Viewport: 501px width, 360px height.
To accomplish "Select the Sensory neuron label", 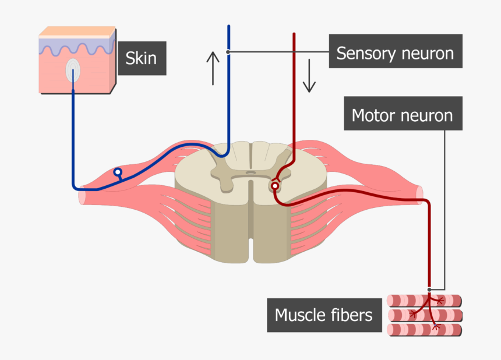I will (x=395, y=54).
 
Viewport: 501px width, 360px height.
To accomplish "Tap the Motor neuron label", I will (x=402, y=115).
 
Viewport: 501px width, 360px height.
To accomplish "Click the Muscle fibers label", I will (x=323, y=315).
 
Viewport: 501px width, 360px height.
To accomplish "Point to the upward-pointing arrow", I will (x=213, y=68).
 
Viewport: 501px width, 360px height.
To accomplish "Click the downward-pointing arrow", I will (x=309, y=78).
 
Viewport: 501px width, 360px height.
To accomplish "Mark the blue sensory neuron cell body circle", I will (x=118, y=172).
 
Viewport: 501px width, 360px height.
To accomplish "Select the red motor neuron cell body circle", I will (x=275, y=186).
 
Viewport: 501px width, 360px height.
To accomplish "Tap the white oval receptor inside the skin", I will (x=73, y=70).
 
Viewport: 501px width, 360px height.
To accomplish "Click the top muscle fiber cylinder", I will (x=424, y=301).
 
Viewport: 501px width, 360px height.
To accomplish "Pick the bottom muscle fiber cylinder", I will (x=424, y=330).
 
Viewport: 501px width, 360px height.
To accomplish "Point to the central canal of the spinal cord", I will (x=250, y=172).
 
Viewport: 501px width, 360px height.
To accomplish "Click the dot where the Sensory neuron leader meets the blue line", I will (x=228, y=52).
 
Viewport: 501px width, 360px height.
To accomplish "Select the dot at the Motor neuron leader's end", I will (x=429, y=289).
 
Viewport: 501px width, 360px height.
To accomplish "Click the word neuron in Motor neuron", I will (x=427, y=115).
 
